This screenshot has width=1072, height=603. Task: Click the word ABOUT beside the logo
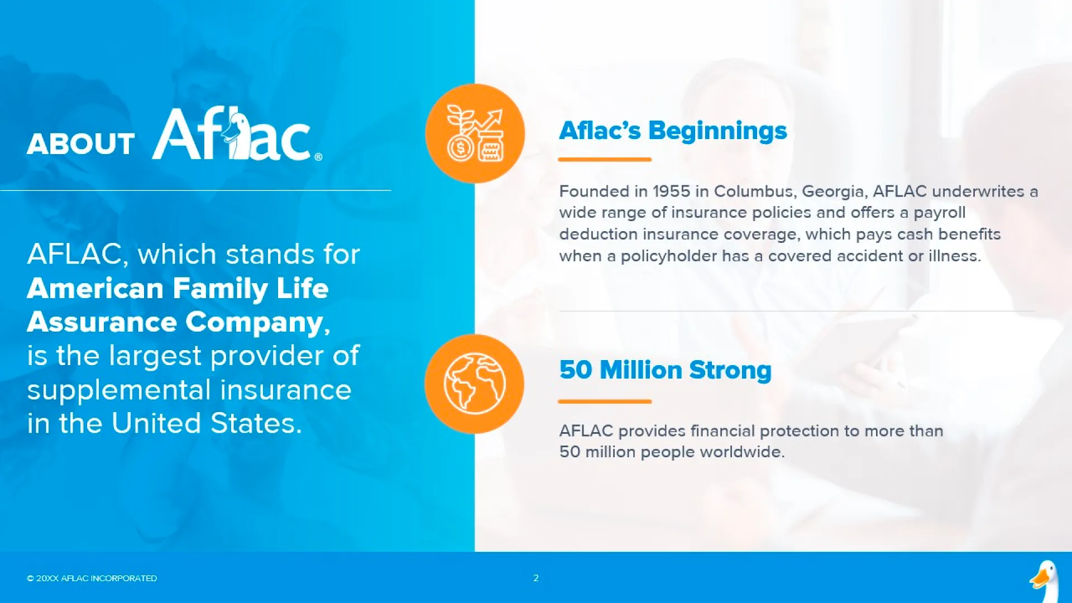(x=80, y=144)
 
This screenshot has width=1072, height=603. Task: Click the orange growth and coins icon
(x=475, y=133)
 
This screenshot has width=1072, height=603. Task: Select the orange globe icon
(x=475, y=384)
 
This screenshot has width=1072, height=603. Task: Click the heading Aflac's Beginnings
(x=673, y=131)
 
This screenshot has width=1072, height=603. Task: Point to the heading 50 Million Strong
(x=666, y=370)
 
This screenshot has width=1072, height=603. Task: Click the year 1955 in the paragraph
(x=672, y=192)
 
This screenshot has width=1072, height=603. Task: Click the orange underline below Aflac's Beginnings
(x=605, y=160)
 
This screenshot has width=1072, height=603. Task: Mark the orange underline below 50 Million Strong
(x=605, y=401)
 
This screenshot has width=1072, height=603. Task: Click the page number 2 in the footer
(x=536, y=578)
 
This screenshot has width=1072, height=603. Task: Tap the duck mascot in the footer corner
(x=1045, y=581)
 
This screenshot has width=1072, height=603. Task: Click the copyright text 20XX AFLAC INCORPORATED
(x=97, y=578)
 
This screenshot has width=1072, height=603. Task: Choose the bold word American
(x=95, y=289)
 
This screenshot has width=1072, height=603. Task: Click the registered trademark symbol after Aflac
(x=318, y=157)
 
